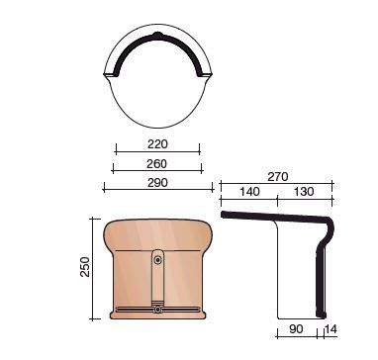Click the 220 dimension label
tap(157, 144)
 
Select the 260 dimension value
tap(156, 164)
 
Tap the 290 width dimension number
tap(157, 182)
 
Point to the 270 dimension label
tap(277, 177)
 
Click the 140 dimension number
tap(249, 192)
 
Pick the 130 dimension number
tap(303, 192)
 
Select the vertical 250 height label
tap(85, 267)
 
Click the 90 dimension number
tap(296, 329)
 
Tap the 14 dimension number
tap(331, 329)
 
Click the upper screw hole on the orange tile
tap(158, 260)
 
